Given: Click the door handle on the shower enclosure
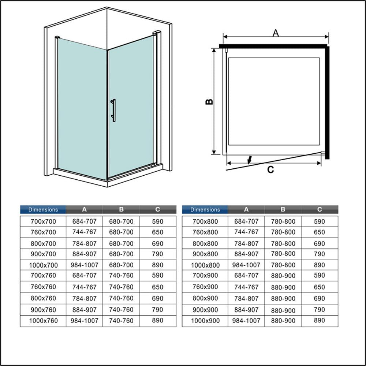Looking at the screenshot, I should [x=113, y=109].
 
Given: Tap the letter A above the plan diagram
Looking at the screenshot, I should [x=276, y=33].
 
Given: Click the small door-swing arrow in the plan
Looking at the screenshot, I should [x=250, y=160].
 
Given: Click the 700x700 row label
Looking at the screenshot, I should [x=43, y=221].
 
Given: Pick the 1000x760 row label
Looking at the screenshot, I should [x=43, y=321].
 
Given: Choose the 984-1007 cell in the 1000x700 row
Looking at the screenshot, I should [x=84, y=265].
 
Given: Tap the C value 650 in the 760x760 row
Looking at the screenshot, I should [x=157, y=287].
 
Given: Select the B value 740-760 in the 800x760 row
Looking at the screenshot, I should [x=121, y=298].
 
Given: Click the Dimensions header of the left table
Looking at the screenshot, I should [x=43, y=210].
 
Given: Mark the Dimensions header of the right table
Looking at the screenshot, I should [x=205, y=210].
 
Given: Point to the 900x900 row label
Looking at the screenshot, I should [x=205, y=310].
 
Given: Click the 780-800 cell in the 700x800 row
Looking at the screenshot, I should [x=283, y=221].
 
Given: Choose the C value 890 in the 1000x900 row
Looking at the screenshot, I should [x=320, y=320].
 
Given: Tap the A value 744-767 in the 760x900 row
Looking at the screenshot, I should [x=246, y=287].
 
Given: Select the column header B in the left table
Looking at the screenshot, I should [x=121, y=210].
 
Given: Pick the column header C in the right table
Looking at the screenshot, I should [x=320, y=210].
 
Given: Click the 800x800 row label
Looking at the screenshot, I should [x=205, y=243].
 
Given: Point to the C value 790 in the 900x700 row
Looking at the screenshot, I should [x=157, y=254].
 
